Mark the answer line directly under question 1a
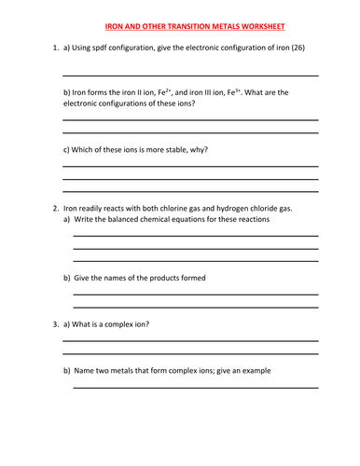(189, 75)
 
